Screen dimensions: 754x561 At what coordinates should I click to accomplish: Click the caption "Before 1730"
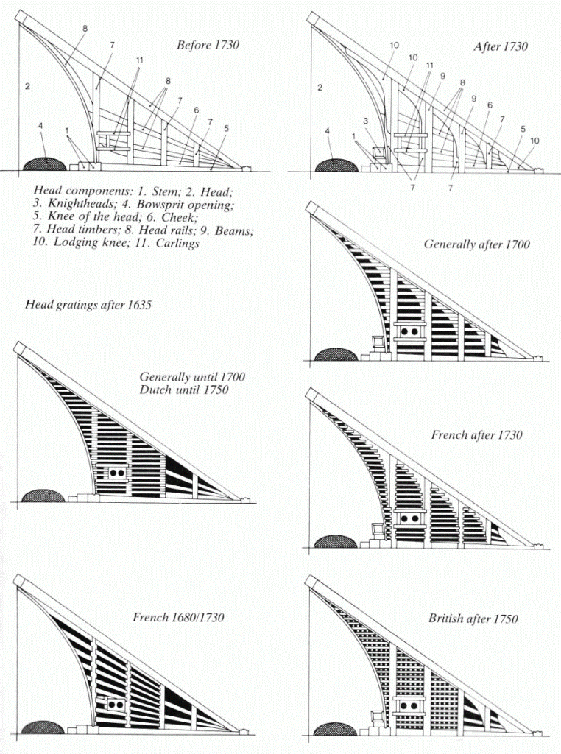coord(208,45)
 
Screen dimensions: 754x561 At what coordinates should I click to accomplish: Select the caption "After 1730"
coord(501,46)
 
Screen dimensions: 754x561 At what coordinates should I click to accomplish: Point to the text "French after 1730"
coord(476,435)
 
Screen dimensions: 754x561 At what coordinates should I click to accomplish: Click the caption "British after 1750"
coord(473,619)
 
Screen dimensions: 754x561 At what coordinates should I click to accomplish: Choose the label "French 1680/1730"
coord(178,617)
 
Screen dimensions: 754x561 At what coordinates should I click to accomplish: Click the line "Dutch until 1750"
coord(183,390)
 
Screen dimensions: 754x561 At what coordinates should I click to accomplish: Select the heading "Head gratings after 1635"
coord(88,304)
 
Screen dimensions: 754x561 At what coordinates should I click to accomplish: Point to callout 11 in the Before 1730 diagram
coord(139,60)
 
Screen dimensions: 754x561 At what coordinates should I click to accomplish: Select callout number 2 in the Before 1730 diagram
coord(27,87)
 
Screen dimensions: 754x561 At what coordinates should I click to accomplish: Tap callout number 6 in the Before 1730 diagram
coord(197,110)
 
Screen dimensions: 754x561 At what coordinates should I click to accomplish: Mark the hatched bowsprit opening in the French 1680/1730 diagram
coord(43,727)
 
